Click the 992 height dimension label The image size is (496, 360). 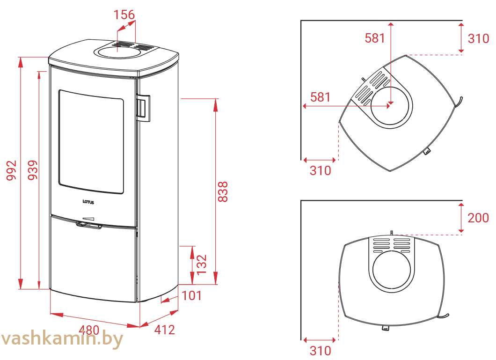tap(11, 170)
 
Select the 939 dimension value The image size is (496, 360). tap(33, 170)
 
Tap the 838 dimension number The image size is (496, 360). tap(223, 192)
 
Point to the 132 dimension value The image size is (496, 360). tap(202, 264)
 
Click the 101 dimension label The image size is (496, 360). tap(191, 296)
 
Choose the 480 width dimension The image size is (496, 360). tap(89, 330)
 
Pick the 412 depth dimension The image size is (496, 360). tap(165, 330)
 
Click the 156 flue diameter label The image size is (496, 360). tap(124, 15)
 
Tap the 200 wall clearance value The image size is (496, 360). tap(478, 218)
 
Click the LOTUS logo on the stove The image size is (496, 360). tap(88, 202)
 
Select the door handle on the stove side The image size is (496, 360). tap(143, 108)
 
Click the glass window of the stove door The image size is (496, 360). tap(91, 141)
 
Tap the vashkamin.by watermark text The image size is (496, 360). tap(61, 339)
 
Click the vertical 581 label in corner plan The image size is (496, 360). tap(375, 38)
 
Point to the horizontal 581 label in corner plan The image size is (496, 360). tap(321, 97)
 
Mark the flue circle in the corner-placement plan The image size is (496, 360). tap(392, 108)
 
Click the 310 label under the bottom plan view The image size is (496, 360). tap(321, 351)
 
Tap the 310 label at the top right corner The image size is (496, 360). tap(478, 38)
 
